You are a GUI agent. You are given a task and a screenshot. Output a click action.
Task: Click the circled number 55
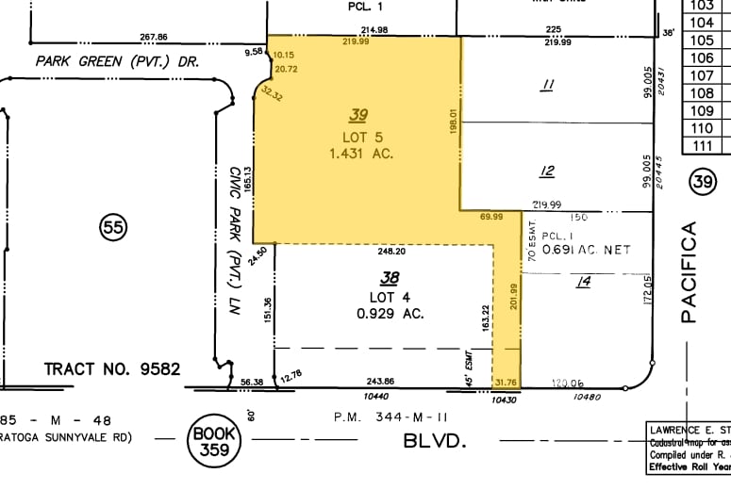(x=114, y=225)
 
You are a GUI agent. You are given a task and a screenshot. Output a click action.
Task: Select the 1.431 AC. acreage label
(x=361, y=153)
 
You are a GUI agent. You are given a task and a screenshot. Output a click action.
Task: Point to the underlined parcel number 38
(x=388, y=278)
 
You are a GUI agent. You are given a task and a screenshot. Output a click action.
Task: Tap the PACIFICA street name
(x=689, y=272)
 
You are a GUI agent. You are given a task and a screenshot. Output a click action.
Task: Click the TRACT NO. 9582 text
(x=112, y=367)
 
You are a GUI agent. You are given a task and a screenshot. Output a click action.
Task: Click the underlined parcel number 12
(x=546, y=171)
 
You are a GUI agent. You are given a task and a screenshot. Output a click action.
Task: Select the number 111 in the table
(x=701, y=145)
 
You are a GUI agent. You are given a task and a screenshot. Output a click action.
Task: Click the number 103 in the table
(x=701, y=5)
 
